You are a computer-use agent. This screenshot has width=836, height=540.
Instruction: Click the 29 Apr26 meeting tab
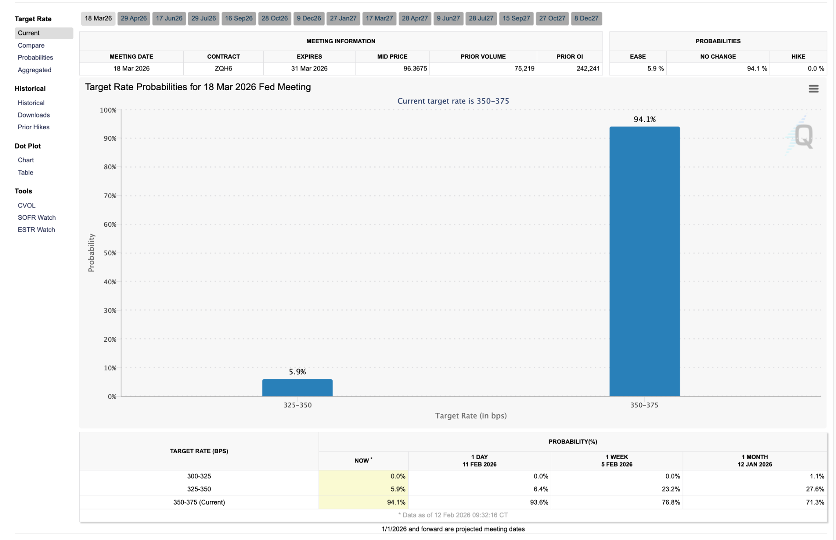coord(133,18)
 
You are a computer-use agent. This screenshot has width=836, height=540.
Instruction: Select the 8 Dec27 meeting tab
coord(586,18)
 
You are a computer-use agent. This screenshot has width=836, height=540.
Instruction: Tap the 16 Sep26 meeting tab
coord(238,18)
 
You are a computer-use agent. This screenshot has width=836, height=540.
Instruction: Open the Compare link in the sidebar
coord(31,45)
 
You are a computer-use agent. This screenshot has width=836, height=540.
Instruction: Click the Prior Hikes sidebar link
coord(33,127)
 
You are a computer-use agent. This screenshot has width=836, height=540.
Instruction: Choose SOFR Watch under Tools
coord(37,217)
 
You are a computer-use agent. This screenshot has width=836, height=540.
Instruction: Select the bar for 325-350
coord(297,387)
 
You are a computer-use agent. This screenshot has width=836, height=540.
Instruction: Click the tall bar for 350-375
coord(644,261)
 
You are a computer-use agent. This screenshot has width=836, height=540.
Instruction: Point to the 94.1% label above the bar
coord(645,119)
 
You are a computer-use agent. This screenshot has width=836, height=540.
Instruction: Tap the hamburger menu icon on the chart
coord(813,89)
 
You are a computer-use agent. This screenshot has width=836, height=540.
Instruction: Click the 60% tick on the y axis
coord(110,224)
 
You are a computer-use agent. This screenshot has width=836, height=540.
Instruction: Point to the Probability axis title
coord(91,252)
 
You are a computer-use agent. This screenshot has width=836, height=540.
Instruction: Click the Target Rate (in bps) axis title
coord(471,416)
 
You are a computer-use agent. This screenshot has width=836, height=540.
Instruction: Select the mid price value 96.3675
coord(415,69)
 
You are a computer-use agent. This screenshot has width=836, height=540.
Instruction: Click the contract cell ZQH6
coord(223,69)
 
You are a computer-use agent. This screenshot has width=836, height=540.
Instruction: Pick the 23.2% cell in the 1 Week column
coord(671,489)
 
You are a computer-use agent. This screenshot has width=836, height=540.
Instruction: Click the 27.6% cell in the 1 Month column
coord(815,489)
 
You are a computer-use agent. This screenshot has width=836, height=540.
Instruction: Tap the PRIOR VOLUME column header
coord(483,56)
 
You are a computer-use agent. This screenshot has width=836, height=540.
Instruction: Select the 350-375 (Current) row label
coord(199,502)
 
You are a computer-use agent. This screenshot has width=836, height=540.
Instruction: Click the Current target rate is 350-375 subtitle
coord(453,101)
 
